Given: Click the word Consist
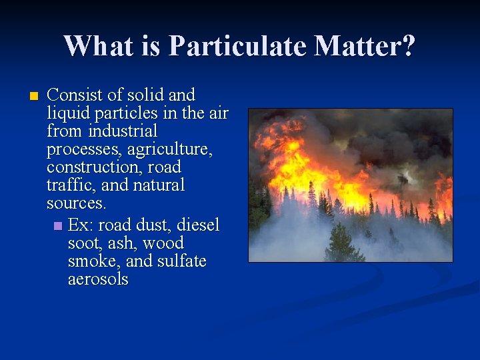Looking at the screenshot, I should tap(75, 95).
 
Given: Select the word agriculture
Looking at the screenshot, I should tap(170, 149).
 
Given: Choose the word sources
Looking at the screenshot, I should tap(77, 203).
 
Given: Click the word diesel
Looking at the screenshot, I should tap(198, 225).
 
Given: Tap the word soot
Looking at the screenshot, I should tap(81, 243).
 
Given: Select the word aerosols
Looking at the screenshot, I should tap(98, 279).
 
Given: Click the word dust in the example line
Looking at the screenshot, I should tap(153, 225).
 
